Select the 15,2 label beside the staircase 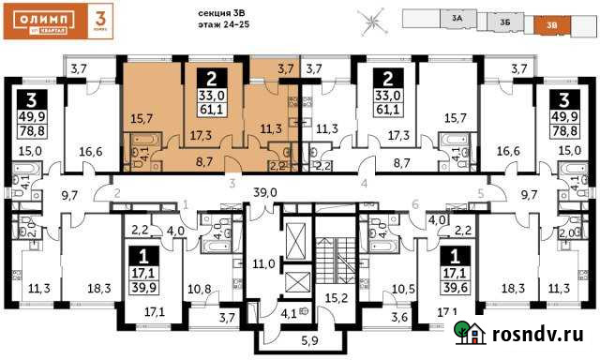(336, 300)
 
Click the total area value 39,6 (457, 286)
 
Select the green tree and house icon (470, 333)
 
